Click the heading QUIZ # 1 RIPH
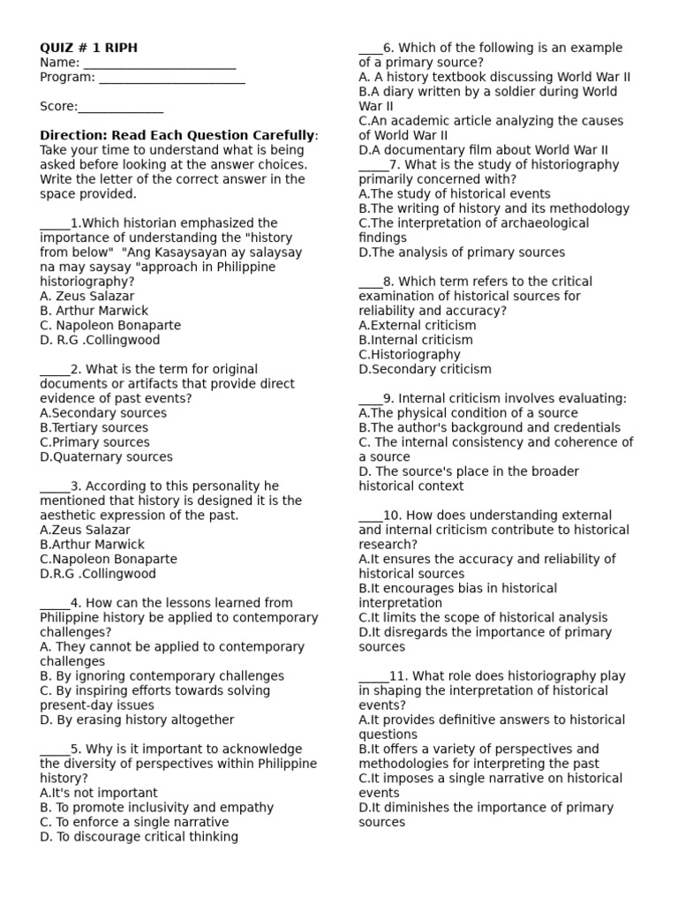click(88, 48)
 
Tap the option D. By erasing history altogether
click(137, 719)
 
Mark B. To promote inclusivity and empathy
click(156, 807)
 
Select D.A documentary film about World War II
click(483, 150)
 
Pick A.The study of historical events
click(454, 193)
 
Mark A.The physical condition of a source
click(468, 412)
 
